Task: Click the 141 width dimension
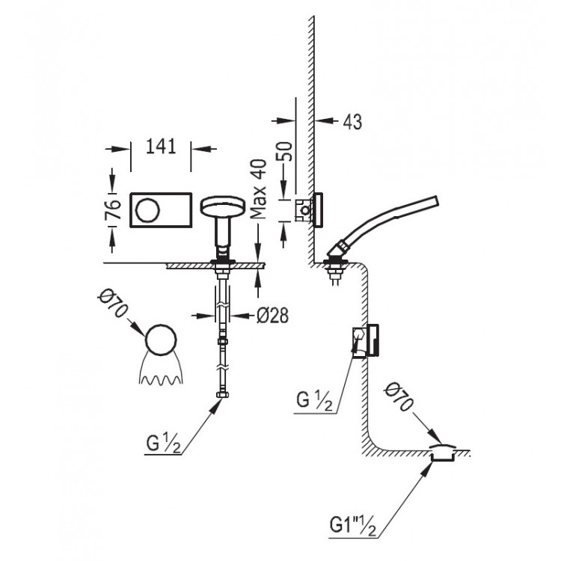[x=161, y=147]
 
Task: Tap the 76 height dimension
[x=112, y=209]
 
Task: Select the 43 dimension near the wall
[x=352, y=122]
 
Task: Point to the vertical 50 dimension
[x=285, y=151]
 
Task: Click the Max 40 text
[x=258, y=188]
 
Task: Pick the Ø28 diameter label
[x=272, y=316]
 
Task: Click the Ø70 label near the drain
[x=398, y=396]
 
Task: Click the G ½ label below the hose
[x=164, y=444]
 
